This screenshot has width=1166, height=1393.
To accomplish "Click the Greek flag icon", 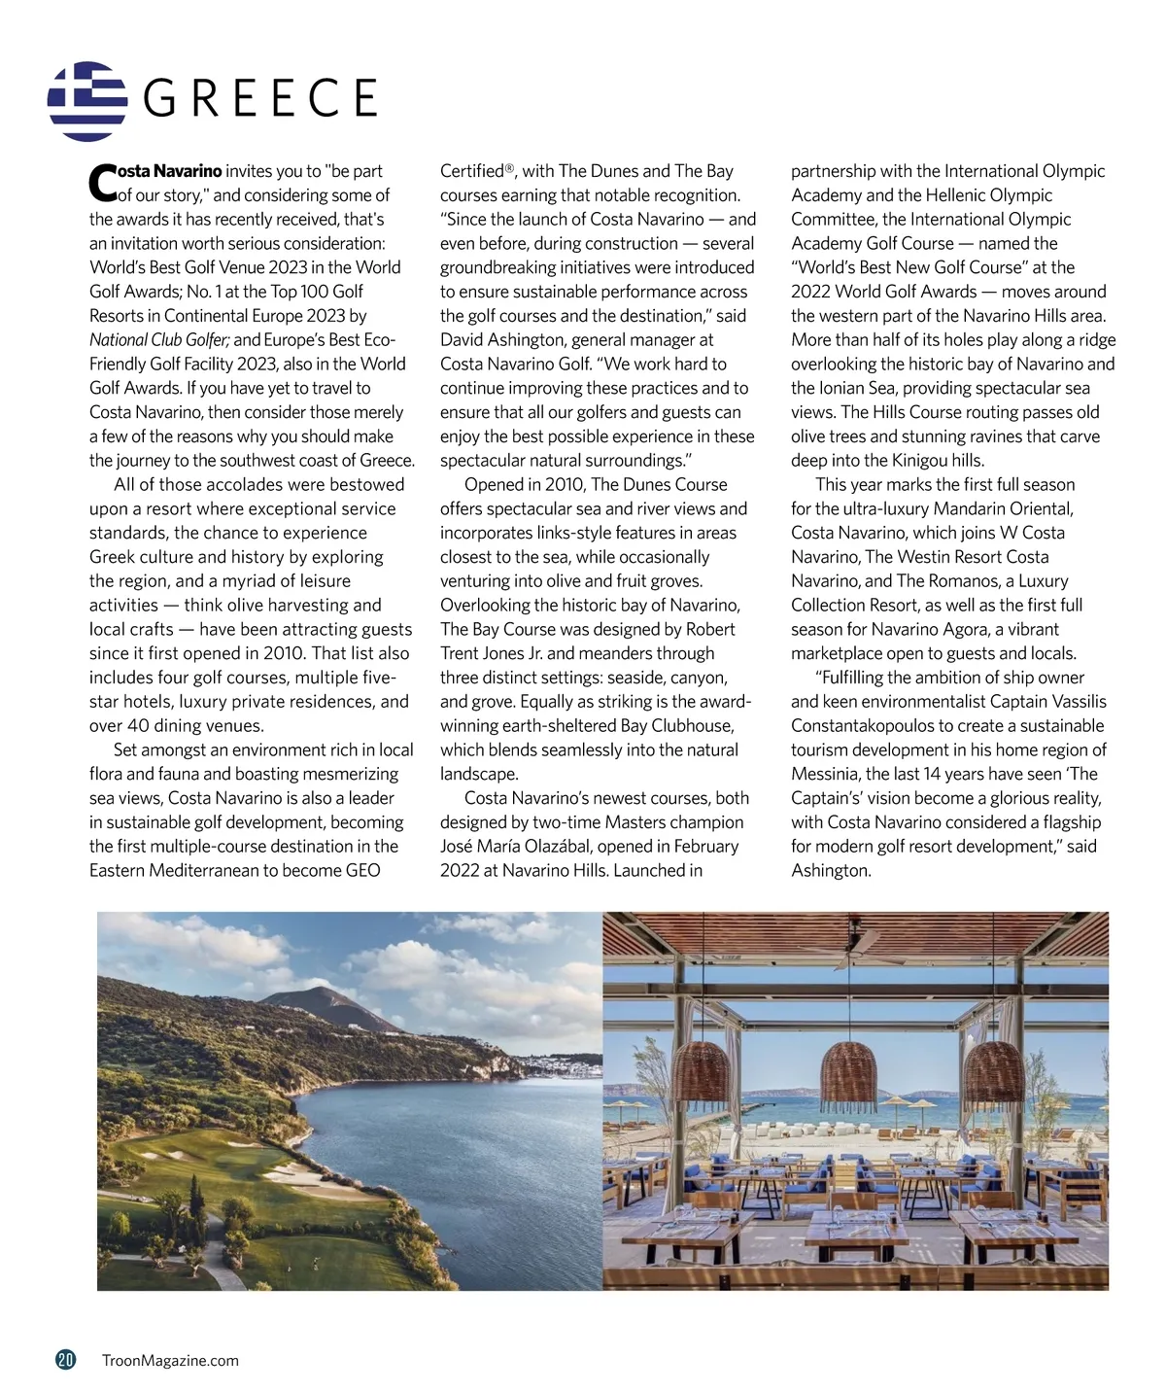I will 87,101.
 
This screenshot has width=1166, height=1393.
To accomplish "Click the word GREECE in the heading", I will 259,98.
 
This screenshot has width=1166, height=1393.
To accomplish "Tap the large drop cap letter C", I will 101,182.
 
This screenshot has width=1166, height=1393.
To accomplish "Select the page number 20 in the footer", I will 65,1360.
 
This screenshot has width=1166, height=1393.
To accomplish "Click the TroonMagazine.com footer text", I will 170,1361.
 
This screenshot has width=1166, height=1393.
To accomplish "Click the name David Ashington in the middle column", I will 501,340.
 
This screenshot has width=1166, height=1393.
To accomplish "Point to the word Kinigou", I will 929,461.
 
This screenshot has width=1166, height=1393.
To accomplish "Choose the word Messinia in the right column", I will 825,774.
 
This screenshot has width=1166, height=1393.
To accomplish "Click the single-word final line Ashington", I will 830,871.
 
